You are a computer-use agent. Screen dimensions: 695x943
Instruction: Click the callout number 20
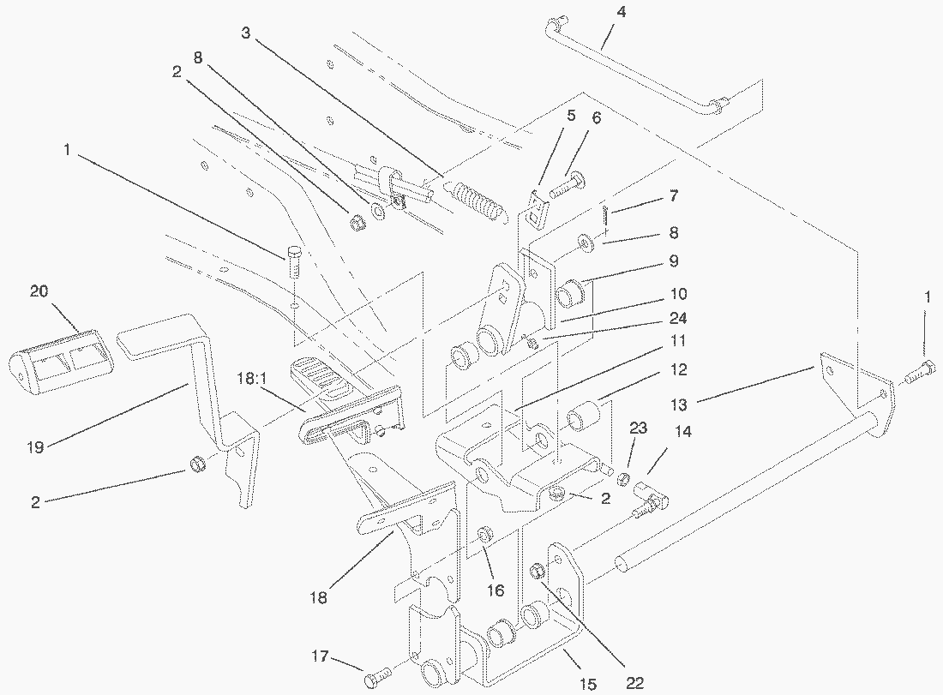coord(39,291)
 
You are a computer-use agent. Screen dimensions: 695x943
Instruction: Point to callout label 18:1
coord(255,376)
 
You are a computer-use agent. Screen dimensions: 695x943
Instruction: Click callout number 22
coord(635,683)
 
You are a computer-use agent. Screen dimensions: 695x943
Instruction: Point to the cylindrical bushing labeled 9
coord(571,295)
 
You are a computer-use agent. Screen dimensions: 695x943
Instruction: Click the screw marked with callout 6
coord(563,184)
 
